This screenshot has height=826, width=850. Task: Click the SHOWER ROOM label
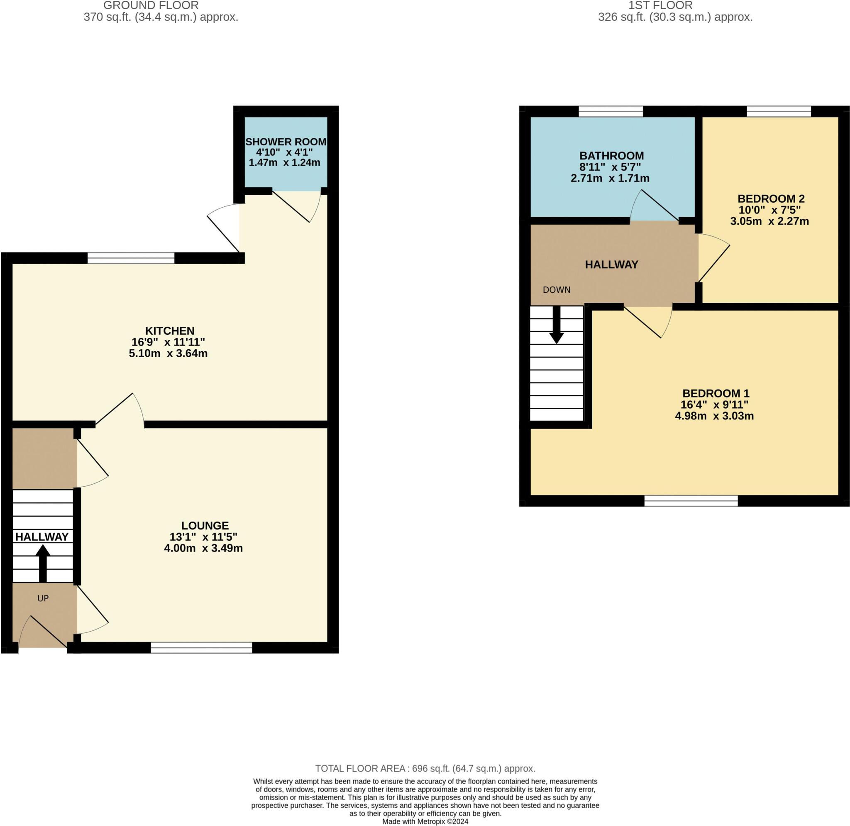(286, 142)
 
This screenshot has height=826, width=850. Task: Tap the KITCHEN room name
(170, 331)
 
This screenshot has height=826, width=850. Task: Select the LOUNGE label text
(205, 525)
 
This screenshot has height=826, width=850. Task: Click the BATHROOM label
(611, 155)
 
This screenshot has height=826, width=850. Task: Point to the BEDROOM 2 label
(771, 199)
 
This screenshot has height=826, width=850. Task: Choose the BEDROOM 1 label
(716, 393)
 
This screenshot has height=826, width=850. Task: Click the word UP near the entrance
(43, 598)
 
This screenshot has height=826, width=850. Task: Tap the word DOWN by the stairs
(557, 290)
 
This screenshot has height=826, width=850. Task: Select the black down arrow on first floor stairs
(557, 325)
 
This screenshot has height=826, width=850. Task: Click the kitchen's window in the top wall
(131, 258)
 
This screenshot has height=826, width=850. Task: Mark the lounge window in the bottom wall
(202, 648)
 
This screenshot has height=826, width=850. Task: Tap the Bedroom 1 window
(691, 501)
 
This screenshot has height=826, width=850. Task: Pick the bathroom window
(611, 111)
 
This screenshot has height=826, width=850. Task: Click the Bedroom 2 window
(779, 111)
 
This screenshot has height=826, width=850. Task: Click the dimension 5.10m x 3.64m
(168, 353)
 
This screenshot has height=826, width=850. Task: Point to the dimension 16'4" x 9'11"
(714, 405)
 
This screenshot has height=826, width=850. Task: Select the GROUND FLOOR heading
(151, 6)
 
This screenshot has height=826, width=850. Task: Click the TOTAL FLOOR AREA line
(425, 768)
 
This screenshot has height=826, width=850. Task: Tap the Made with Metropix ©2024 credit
(425, 821)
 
